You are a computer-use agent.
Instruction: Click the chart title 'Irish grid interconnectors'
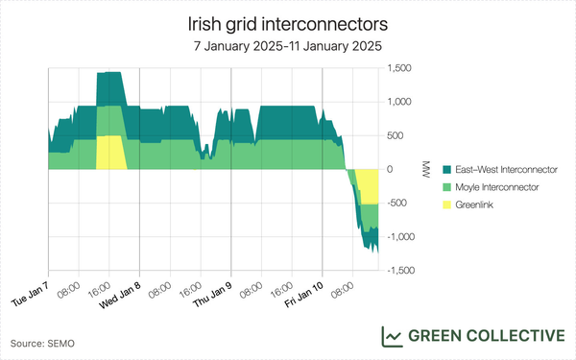pos(288,21)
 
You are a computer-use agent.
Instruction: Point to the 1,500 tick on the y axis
pos(399,68)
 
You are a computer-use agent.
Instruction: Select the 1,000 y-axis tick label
pos(399,102)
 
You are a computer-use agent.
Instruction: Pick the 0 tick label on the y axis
pos(390,169)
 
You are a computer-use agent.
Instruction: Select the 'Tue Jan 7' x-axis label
pos(31,289)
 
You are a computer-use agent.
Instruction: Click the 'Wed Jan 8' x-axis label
pos(122,289)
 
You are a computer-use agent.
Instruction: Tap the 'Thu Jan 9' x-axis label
pos(214,289)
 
